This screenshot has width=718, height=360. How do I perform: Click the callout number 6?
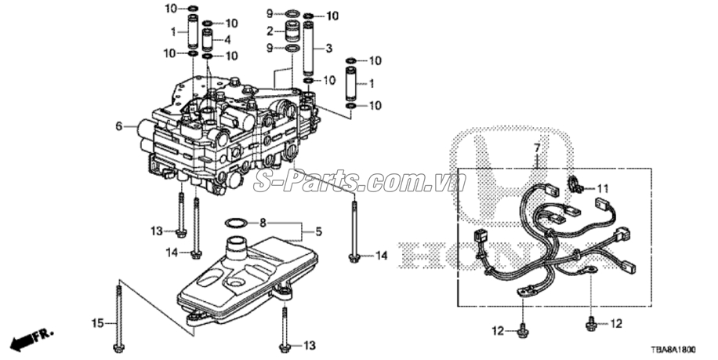click(119, 126)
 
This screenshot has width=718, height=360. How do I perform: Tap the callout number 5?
click(318, 232)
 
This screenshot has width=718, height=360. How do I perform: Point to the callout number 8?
click(263, 223)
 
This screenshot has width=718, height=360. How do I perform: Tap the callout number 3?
click(328, 48)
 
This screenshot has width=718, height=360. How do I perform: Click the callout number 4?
click(227, 39)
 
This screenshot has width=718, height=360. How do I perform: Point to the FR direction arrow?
click(32, 338)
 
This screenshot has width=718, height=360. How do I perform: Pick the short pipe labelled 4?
click(208, 39)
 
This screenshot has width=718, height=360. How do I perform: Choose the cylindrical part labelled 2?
click(292, 32)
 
